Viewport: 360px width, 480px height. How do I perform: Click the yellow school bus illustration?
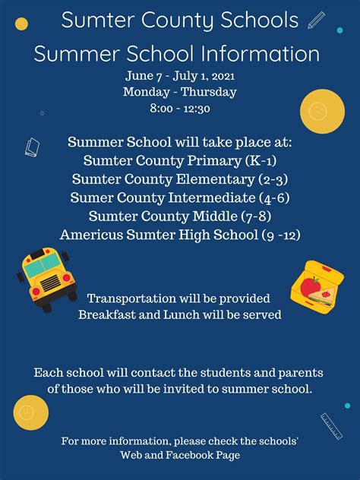coord(47,279)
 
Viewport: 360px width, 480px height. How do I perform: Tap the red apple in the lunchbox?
coord(310,286)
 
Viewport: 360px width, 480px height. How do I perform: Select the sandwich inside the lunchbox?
coord(321,297)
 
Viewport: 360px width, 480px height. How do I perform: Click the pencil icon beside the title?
coord(316,20)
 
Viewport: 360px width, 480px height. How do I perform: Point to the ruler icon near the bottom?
coord(331,426)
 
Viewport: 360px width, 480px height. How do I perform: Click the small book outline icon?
coord(32,147)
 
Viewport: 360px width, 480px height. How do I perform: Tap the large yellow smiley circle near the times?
coord(322,111)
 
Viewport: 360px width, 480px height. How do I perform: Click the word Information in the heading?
coord(261,54)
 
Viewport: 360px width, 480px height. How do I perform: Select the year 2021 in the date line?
coord(223,76)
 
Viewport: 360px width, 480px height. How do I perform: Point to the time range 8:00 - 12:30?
coord(180,109)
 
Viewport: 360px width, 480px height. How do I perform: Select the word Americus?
coord(92,235)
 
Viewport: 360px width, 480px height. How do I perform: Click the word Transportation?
coord(132,298)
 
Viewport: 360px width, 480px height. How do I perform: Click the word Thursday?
coord(208,92)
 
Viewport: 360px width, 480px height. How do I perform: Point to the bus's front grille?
coord(51,283)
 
